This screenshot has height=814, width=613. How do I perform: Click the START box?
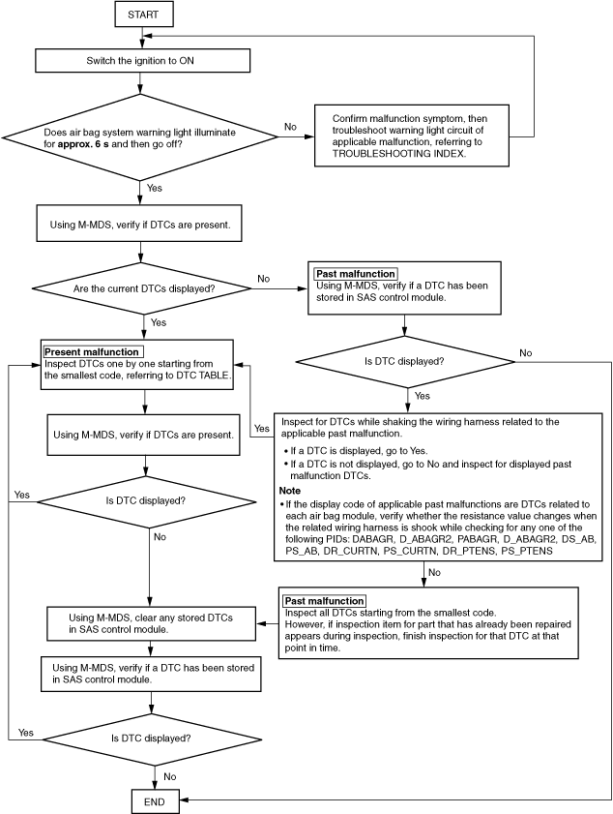(x=143, y=15)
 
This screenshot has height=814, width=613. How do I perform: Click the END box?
(x=155, y=801)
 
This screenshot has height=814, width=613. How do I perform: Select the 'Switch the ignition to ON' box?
(x=143, y=61)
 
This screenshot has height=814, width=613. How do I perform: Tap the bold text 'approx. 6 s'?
(x=83, y=144)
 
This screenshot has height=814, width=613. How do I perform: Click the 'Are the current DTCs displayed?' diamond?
(x=144, y=288)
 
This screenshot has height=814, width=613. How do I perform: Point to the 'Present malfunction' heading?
(x=92, y=352)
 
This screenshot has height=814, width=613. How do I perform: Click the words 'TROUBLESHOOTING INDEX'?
(x=398, y=154)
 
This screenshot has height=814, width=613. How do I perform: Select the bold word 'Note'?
(x=289, y=491)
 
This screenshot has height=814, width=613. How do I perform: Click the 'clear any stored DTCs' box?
(x=151, y=623)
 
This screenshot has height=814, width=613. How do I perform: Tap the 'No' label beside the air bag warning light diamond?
(x=290, y=127)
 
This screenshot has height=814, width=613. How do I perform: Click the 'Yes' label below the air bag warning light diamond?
(x=155, y=188)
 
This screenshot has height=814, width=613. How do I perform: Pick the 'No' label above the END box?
(x=170, y=776)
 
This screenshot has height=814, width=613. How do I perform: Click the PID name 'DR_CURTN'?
(x=351, y=551)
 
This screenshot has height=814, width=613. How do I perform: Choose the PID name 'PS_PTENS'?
(x=527, y=551)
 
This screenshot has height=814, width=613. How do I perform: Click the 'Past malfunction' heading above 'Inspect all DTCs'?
(x=324, y=601)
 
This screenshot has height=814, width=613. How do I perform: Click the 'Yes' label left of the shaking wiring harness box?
(x=262, y=428)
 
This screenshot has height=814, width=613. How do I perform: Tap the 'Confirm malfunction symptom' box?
(x=412, y=136)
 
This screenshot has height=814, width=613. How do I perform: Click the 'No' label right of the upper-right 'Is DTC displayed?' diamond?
(x=526, y=353)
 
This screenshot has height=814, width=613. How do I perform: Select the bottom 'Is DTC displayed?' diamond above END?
(x=152, y=739)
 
